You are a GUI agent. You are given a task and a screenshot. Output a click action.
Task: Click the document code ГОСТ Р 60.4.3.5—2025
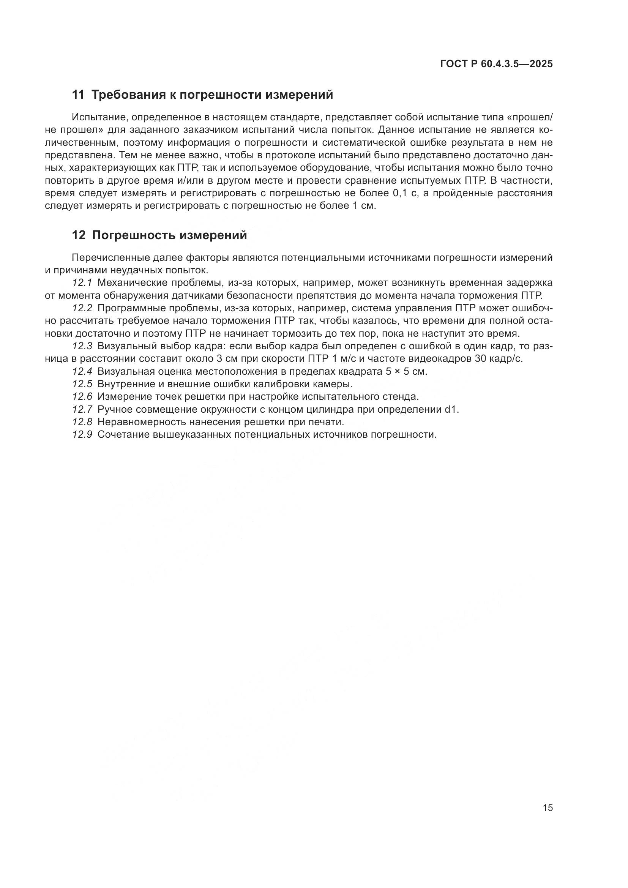(496, 64)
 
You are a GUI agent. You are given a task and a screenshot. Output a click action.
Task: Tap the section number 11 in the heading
(78, 95)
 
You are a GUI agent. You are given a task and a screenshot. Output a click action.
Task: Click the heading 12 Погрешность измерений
(159, 235)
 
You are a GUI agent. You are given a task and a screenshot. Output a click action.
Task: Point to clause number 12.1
(82, 283)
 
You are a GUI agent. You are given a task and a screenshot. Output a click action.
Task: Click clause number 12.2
(82, 308)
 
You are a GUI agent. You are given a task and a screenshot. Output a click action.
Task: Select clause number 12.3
(82, 346)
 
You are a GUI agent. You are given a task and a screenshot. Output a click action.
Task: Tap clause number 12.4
(82, 372)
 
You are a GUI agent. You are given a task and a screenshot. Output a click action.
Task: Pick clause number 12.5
(82, 384)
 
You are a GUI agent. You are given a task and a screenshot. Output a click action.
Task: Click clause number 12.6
(82, 397)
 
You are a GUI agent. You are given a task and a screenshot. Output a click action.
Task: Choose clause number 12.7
(82, 410)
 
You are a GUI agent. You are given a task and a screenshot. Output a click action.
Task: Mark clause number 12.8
(82, 422)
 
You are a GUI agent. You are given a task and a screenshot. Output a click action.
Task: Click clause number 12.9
(82, 435)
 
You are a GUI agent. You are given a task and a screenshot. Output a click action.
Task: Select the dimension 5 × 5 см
(406, 372)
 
